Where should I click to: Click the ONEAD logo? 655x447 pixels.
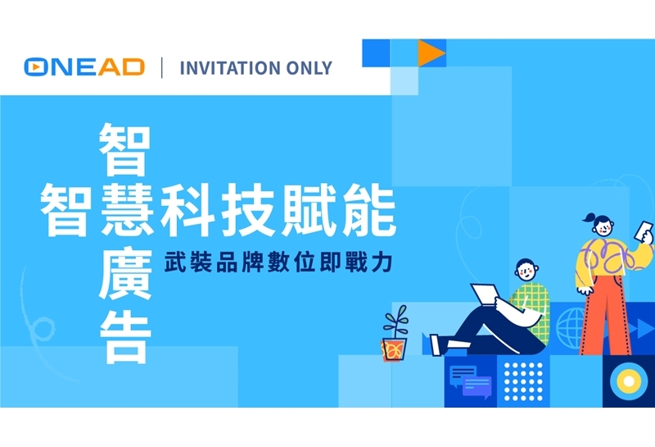point(84,67)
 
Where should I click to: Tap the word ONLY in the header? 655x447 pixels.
point(309,68)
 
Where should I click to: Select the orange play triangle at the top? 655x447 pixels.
point(431,53)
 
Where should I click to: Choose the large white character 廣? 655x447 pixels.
point(125,275)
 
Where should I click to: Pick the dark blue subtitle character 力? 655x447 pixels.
point(382,262)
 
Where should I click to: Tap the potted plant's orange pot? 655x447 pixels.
point(394,349)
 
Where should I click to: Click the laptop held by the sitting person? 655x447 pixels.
point(485,294)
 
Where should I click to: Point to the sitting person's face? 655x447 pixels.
point(526,271)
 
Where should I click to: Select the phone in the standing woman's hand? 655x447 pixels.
point(644,231)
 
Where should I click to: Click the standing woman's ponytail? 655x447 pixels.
point(589,218)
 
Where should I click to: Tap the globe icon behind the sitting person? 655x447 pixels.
point(571,328)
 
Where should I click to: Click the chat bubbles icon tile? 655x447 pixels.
point(470,381)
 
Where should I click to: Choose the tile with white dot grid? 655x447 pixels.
point(523,381)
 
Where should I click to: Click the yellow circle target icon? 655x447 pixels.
point(629,381)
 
